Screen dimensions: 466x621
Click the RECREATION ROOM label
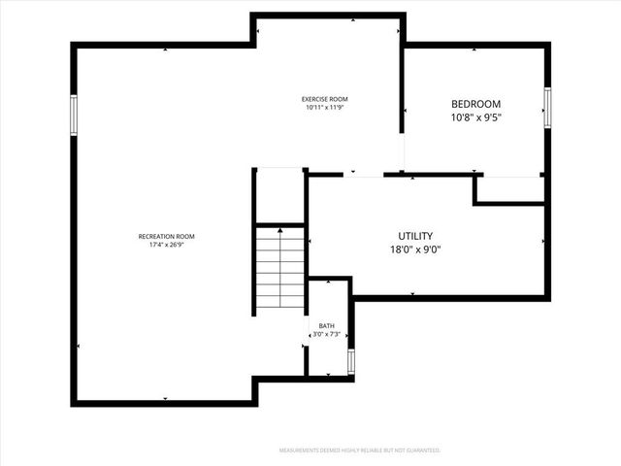pyautogui.click(x=167, y=237)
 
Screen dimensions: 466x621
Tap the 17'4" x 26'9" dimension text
pyautogui.click(x=167, y=245)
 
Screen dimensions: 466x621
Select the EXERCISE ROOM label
pyautogui.click(x=324, y=99)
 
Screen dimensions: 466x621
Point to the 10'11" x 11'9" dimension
pyautogui.click(x=324, y=108)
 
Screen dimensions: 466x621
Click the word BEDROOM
pyautogui.click(x=475, y=105)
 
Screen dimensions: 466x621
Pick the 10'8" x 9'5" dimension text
pyautogui.click(x=475, y=117)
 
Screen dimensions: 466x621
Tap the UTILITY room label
pyautogui.click(x=415, y=236)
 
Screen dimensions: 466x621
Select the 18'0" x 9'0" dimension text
pyautogui.click(x=415, y=249)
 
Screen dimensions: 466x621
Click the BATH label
pyautogui.click(x=327, y=326)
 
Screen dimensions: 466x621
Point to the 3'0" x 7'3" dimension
pyautogui.click(x=327, y=335)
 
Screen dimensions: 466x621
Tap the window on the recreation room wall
pyautogui.click(x=73, y=115)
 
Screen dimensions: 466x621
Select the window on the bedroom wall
pyautogui.click(x=547, y=107)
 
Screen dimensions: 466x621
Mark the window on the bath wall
pyautogui.click(x=351, y=361)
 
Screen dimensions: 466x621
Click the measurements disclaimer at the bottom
pyautogui.click(x=360, y=450)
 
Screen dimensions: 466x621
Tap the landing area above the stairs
pyautogui.click(x=280, y=197)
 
